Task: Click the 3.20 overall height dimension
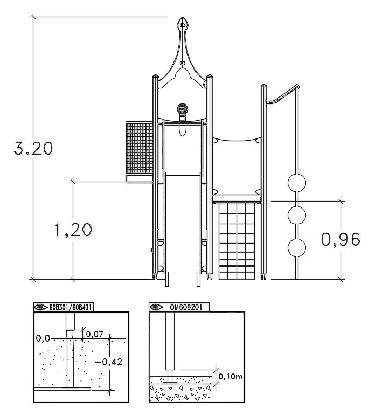click(33, 148)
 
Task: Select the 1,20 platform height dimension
click(73, 230)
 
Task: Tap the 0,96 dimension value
click(341, 239)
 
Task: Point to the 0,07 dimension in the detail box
click(94, 334)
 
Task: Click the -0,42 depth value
click(108, 362)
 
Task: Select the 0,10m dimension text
click(230, 376)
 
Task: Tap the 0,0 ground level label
click(43, 338)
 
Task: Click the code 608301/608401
click(70, 307)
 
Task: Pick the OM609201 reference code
click(186, 307)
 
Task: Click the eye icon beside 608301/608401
click(40, 307)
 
